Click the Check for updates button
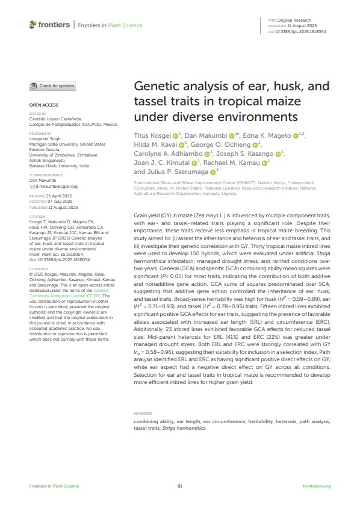tap(53, 86)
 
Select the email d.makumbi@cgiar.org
tap(55, 187)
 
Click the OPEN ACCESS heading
tap(43, 105)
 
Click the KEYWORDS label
tap(143, 414)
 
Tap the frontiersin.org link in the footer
tap(317, 486)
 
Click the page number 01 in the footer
tap(179, 486)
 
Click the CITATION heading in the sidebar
tap(39, 215)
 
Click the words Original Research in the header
tap(294, 20)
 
